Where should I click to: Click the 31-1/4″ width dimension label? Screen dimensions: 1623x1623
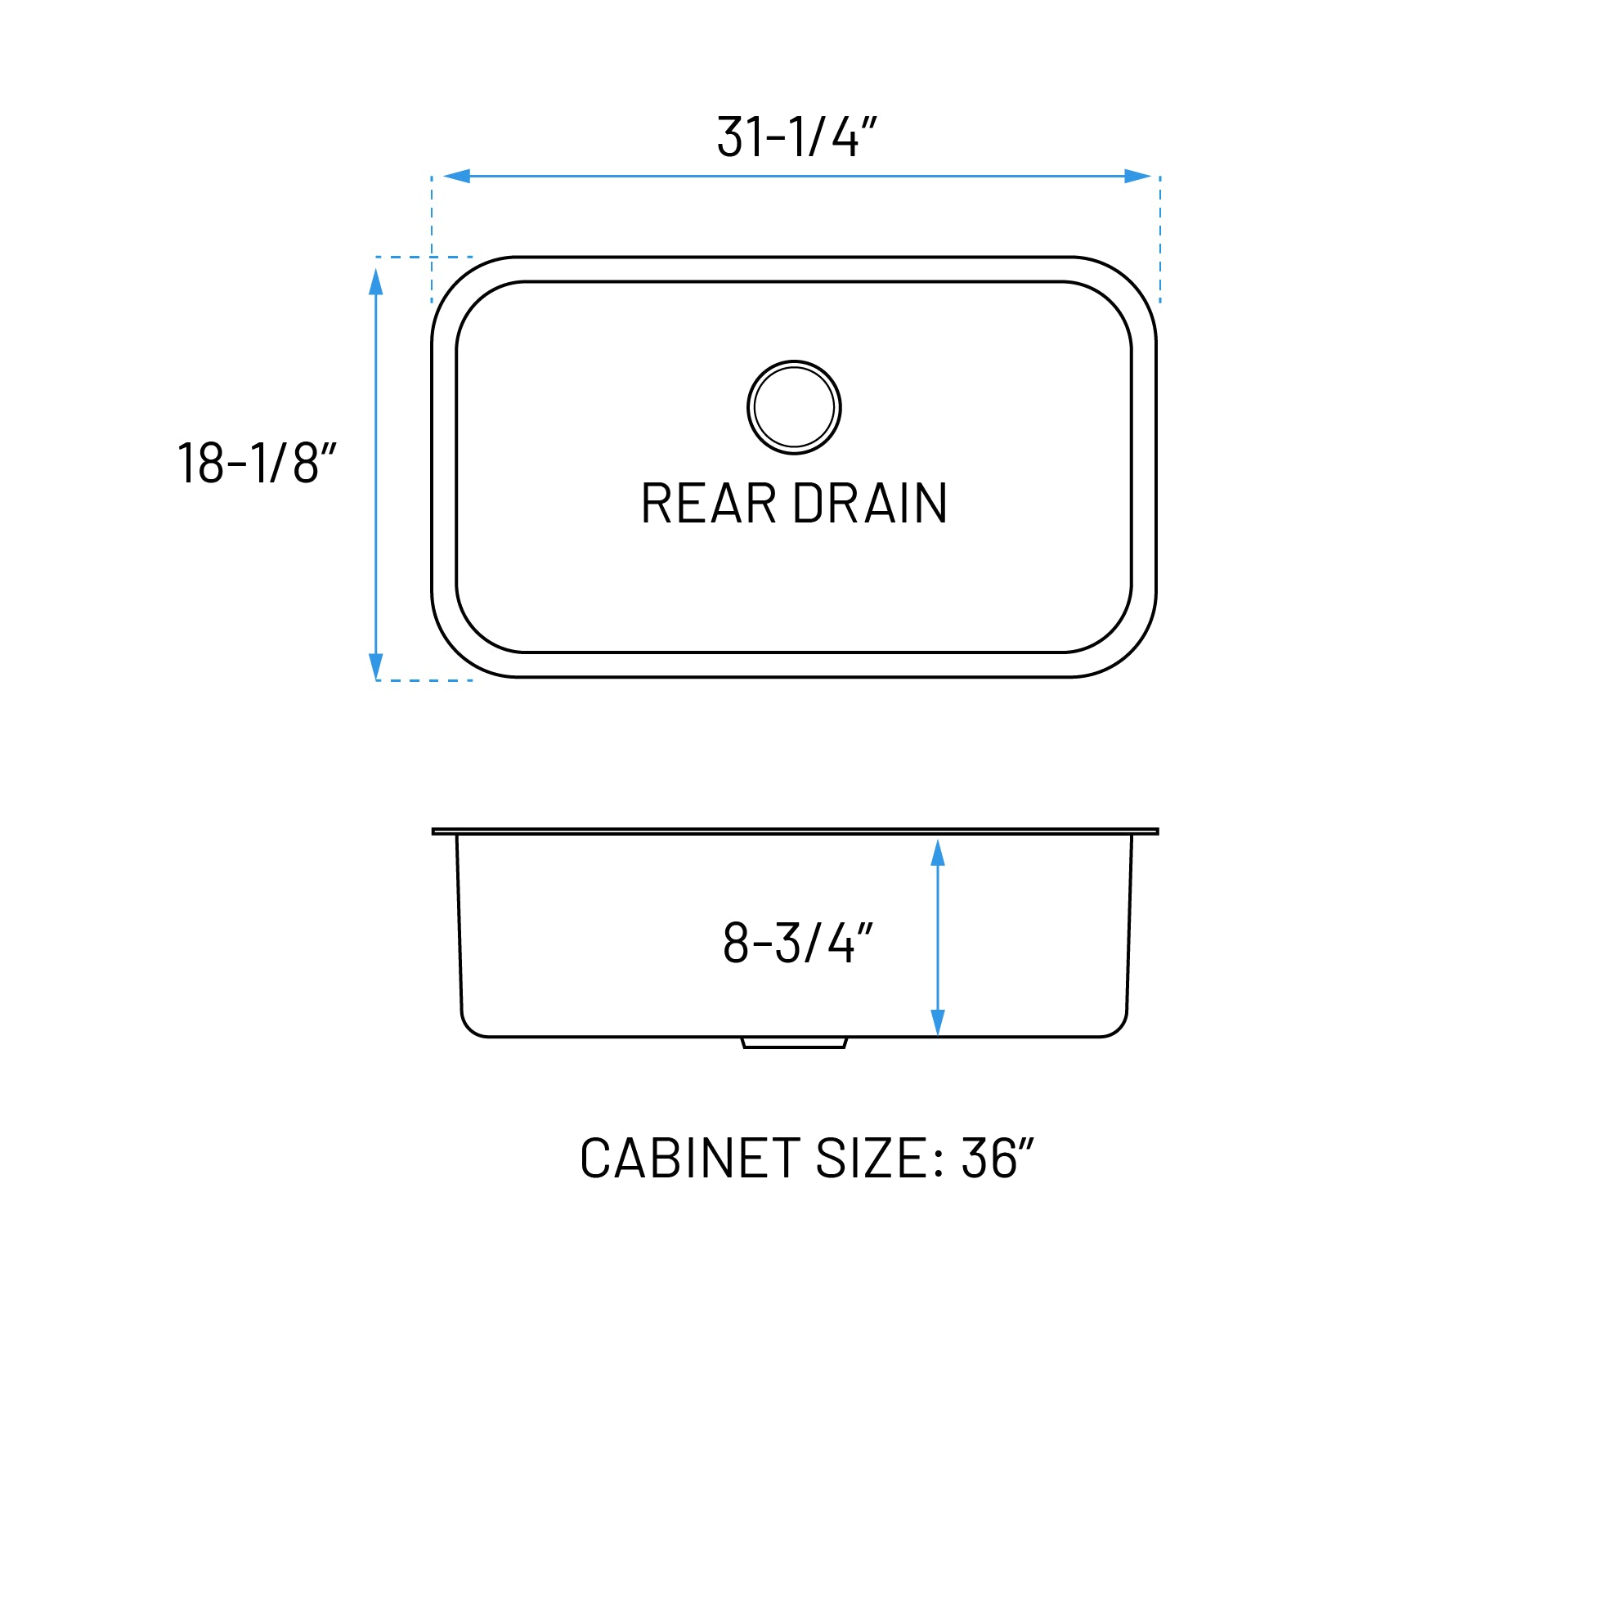click(x=796, y=136)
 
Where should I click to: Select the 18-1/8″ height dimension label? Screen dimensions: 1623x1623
click(x=257, y=462)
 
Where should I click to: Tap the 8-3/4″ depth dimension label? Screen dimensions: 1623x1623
click(x=798, y=943)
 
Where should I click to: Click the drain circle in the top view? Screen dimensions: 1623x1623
click(x=794, y=407)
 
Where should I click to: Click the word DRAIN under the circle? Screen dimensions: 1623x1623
click(x=870, y=504)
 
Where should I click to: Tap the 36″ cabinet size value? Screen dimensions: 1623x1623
click(x=998, y=1159)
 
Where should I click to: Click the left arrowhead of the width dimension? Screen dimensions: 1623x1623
click(x=457, y=177)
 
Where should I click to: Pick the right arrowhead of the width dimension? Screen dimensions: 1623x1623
click(x=1137, y=177)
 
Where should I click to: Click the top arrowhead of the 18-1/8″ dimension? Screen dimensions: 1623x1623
click(x=375, y=282)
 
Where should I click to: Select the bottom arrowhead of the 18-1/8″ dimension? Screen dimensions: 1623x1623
click(x=375, y=666)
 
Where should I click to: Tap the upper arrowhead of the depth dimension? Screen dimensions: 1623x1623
click(x=938, y=853)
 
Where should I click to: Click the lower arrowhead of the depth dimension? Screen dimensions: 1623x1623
click(x=938, y=1022)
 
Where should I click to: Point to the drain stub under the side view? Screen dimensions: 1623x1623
click(x=794, y=1042)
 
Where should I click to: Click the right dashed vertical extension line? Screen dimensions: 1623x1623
click(x=1160, y=240)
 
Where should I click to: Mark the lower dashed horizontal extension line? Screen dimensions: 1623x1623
click(x=424, y=680)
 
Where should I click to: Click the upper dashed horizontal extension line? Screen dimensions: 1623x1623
click(x=424, y=257)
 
